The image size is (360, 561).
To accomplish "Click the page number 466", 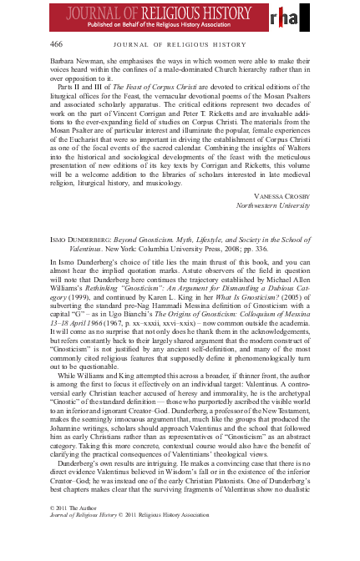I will [57, 44].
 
